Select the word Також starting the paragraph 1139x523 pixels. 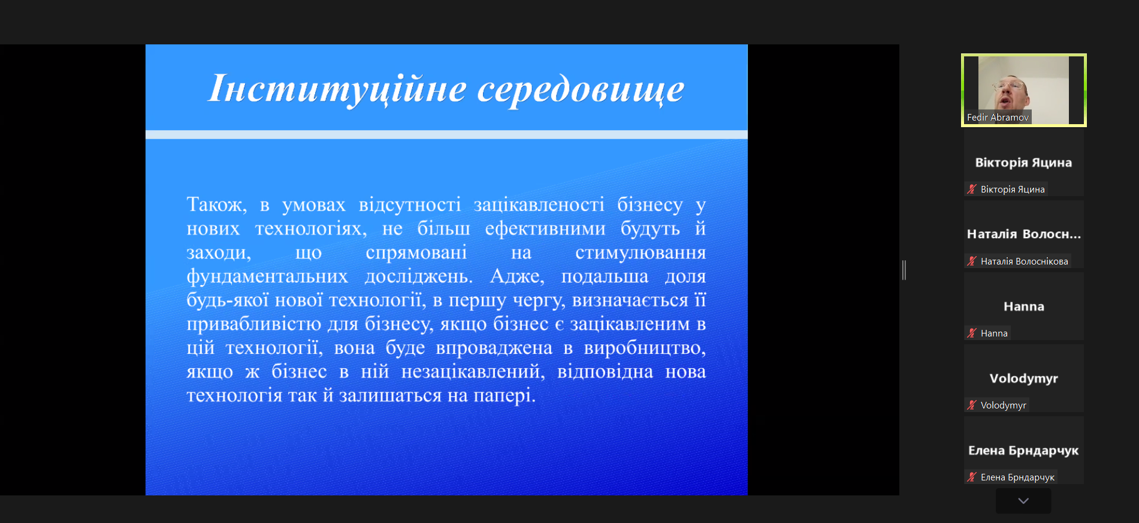tap(216, 205)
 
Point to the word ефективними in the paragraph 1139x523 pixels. tap(545, 229)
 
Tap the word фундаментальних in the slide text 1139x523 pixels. tap(267, 276)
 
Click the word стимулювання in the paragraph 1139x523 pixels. tap(641, 253)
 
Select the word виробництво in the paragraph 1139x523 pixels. tap(645, 348)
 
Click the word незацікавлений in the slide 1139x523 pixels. tap(473, 372)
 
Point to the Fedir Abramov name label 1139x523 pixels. tap(998, 118)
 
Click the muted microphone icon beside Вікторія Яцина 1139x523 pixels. tap(972, 189)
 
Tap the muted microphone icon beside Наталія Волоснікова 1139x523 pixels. tap(972, 261)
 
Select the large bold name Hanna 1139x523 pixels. tap(1024, 306)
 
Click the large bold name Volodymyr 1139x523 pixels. tap(1024, 378)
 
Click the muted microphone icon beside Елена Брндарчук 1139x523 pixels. tap(972, 477)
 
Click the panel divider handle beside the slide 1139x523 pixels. tap(904, 270)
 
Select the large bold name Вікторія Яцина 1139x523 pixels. tap(1023, 163)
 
